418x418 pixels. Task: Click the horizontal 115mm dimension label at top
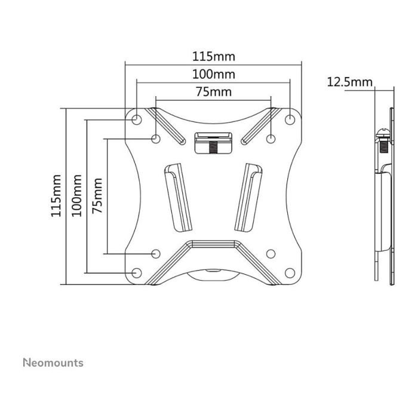tap(214, 57)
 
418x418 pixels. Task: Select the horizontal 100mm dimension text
tap(213, 75)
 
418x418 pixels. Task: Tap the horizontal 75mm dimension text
tap(213, 92)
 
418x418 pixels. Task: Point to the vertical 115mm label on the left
tap(57, 195)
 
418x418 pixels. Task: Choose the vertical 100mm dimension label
tap(76, 195)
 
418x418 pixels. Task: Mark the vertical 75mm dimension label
tap(97, 195)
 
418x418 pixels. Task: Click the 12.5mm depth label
tap(349, 82)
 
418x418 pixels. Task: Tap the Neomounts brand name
tap(53, 362)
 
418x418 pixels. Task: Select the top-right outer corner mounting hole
tap(290, 119)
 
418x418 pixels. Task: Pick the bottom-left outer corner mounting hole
tap(137, 273)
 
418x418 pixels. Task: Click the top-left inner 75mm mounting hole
tap(156, 139)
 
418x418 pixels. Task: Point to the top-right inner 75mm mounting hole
tap(271, 139)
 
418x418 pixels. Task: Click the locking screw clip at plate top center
tap(213, 143)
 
